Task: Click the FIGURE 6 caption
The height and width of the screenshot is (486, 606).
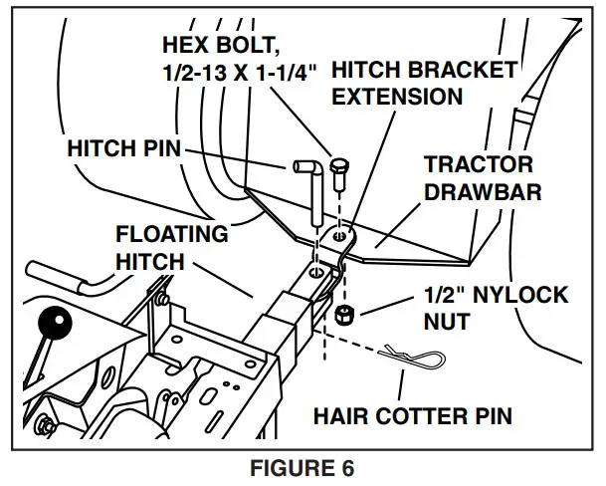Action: [x=303, y=468]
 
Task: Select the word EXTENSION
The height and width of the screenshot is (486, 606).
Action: [x=397, y=97]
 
